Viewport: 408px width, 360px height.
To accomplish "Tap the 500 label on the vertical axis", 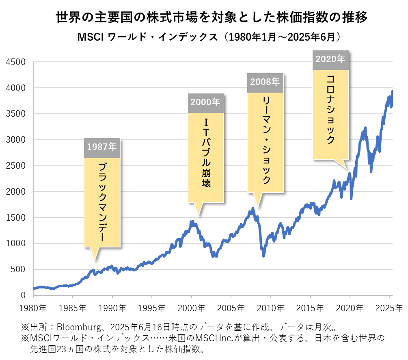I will coord(19,269).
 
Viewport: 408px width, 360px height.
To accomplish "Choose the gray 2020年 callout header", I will coord(330,59).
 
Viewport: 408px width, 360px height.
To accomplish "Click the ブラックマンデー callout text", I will coord(102,202).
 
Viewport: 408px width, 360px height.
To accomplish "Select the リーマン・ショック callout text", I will coord(265,140).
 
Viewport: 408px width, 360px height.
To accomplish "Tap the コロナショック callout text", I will coord(330,109).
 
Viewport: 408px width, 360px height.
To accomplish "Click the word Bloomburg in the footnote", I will coord(77,327).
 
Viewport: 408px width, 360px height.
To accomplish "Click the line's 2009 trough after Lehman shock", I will coord(263,256).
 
